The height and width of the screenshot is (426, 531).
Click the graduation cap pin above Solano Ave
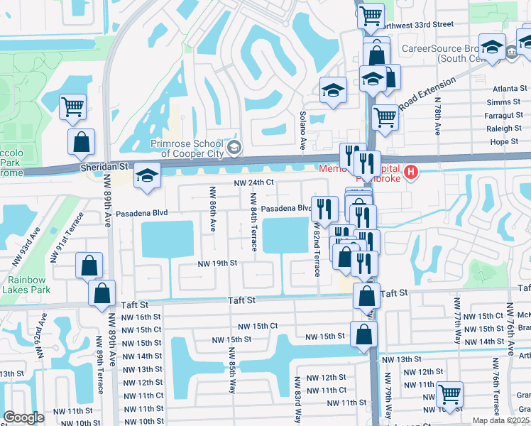332,90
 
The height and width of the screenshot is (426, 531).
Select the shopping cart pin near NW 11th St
449,393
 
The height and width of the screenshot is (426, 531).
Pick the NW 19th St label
217,263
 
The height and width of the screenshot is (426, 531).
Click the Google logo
23,417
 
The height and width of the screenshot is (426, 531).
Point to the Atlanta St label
505,89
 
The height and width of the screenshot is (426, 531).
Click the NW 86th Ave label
212,209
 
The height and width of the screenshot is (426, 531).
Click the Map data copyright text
501,420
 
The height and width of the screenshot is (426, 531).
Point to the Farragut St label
503,115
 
